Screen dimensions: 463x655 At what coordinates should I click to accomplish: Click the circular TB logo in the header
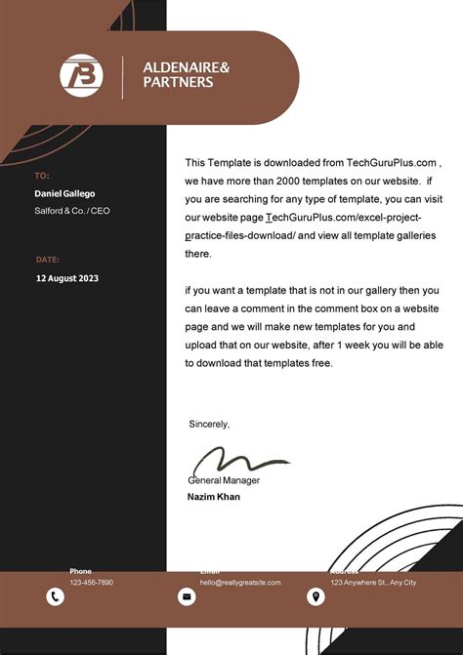tap(80, 76)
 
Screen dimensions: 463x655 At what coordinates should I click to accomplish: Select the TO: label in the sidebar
tap(42, 176)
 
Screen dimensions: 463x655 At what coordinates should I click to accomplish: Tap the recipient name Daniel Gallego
tap(65, 193)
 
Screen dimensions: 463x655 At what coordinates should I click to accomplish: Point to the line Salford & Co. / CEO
tap(73, 211)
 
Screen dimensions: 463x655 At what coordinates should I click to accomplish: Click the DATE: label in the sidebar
tap(48, 260)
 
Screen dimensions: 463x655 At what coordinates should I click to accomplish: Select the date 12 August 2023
tap(67, 278)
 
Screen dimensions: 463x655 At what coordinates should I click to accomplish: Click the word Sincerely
tap(209, 424)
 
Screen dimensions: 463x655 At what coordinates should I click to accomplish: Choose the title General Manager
tap(224, 480)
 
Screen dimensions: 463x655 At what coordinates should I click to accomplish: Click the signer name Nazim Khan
tap(214, 497)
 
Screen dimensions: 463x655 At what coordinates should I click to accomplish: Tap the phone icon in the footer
tap(55, 596)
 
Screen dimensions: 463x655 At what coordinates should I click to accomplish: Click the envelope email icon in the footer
tap(187, 596)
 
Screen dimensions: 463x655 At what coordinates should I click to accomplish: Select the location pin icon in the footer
tap(316, 596)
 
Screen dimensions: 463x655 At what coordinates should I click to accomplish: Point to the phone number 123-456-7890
tap(91, 582)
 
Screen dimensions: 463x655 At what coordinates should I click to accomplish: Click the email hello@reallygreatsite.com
tap(240, 582)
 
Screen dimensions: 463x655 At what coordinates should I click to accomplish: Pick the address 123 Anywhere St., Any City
tap(373, 582)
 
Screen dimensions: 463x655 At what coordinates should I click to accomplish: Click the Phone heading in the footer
tap(80, 571)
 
